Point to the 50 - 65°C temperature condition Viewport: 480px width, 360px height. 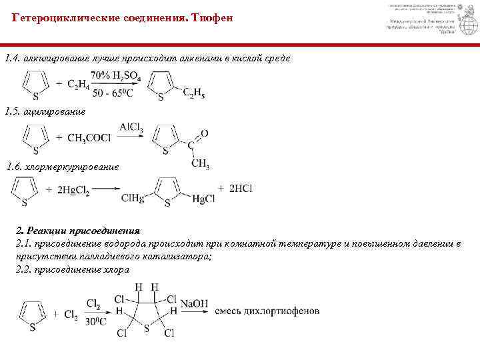point(112,93)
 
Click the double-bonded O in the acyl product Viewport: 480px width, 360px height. point(203,133)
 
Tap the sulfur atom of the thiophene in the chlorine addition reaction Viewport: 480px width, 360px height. point(33,327)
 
